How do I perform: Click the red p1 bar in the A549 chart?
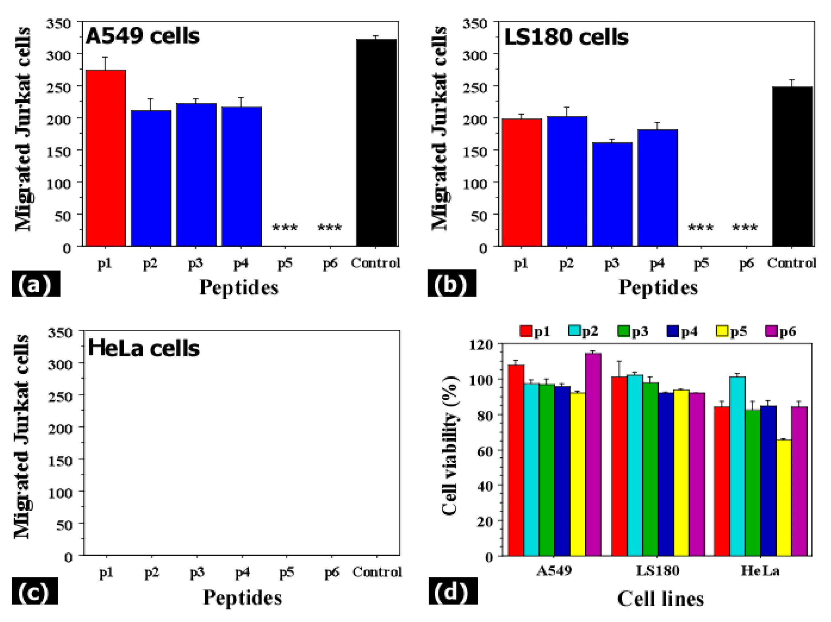tap(106, 158)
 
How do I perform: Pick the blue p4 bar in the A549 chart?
tap(241, 176)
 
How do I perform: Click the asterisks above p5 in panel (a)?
tap(285, 228)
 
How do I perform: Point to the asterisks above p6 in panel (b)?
tap(745, 228)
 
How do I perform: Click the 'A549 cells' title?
tap(142, 36)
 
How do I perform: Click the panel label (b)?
tap(452, 284)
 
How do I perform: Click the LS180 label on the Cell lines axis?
tap(658, 571)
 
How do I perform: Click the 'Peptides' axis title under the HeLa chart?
tap(242, 597)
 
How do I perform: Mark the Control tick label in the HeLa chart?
tap(377, 572)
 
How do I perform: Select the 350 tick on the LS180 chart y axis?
tap(475, 24)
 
